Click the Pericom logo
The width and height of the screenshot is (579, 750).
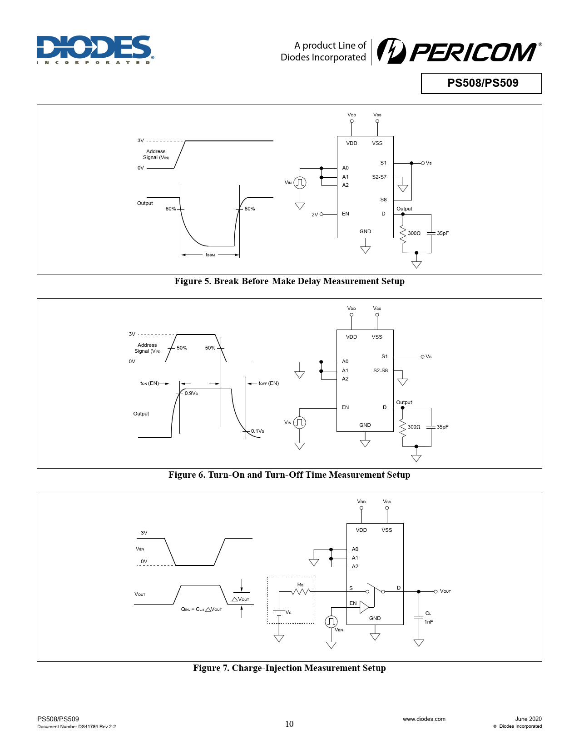click(x=459, y=51)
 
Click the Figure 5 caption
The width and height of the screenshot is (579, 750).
click(x=289, y=281)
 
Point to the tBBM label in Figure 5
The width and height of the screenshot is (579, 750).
click(x=210, y=255)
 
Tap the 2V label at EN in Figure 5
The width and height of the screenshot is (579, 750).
click(x=315, y=215)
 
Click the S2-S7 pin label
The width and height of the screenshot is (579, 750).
click(x=379, y=177)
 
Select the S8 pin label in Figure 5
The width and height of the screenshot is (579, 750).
click(x=383, y=200)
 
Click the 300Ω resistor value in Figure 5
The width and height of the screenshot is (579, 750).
click(x=414, y=233)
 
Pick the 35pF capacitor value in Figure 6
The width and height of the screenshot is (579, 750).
click(x=442, y=427)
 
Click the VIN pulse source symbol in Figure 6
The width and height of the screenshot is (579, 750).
click(x=300, y=423)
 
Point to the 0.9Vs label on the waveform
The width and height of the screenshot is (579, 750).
click(x=191, y=393)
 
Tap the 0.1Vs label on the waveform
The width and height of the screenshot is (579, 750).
click(x=257, y=431)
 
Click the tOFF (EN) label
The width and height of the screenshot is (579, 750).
click(x=268, y=383)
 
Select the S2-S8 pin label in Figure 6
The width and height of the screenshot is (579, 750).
click(x=381, y=370)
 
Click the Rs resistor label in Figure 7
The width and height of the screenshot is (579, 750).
click(x=300, y=585)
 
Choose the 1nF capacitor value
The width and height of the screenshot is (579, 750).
click(x=429, y=622)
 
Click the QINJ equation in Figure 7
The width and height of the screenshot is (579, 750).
click(x=201, y=609)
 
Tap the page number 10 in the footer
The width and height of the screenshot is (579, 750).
click(x=289, y=724)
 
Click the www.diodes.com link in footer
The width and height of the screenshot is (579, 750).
click(x=424, y=719)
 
